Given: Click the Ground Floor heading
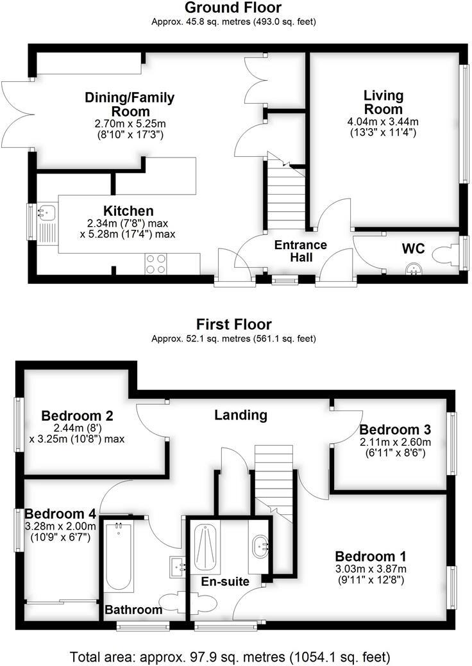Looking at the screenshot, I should click(x=233, y=8).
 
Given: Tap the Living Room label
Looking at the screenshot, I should click(x=383, y=102).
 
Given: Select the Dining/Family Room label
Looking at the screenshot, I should click(x=130, y=104).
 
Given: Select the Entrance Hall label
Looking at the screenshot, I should click(x=301, y=251).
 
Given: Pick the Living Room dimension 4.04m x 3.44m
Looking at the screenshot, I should click(x=383, y=122).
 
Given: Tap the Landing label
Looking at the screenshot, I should click(x=240, y=415).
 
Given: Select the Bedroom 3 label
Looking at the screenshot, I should click(x=394, y=429).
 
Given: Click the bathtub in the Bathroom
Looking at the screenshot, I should click(x=119, y=556).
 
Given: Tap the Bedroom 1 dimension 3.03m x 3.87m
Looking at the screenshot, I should click(x=370, y=569).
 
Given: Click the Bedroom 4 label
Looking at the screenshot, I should click(x=60, y=514).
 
